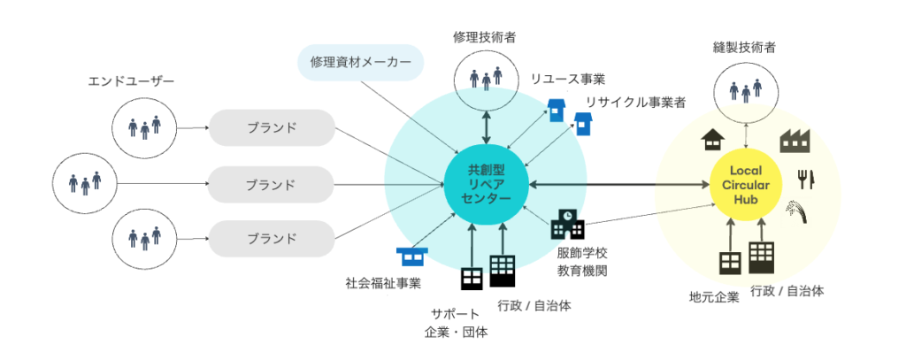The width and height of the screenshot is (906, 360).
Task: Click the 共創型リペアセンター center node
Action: tap(487, 184)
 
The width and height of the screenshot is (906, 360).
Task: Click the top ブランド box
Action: tap(272, 127)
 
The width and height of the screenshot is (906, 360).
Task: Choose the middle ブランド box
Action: tap(272, 185)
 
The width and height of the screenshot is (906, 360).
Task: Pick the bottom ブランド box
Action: tap(272, 238)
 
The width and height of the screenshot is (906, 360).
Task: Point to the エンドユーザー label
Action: tap(131, 82)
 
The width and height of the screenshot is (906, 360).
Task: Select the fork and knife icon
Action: tap(805, 179)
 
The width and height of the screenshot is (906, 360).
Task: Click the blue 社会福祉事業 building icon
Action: tap(411, 257)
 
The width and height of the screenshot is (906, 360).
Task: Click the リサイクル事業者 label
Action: tap(635, 103)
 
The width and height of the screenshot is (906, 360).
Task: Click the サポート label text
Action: tap(456, 313)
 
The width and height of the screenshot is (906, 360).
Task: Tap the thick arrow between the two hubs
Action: tap(619, 184)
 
